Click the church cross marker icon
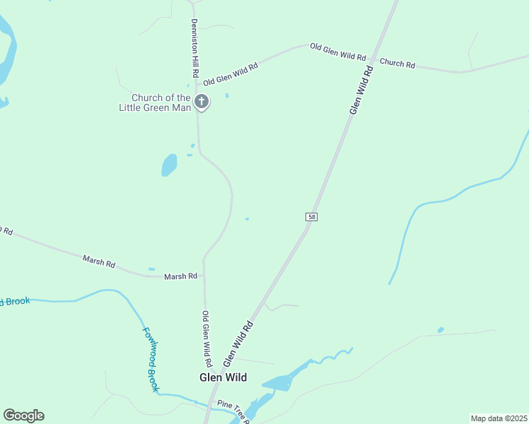point(202,102)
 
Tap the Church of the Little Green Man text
point(161,102)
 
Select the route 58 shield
point(311,217)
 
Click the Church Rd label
point(397,63)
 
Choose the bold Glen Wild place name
point(223,377)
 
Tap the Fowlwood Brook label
point(151,360)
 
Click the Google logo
point(23,416)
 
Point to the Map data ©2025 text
point(498,418)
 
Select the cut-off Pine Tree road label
point(234,410)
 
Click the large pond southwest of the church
point(169,165)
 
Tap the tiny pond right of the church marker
point(226,95)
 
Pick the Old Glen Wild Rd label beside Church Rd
point(338,52)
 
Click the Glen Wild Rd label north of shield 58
point(360,90)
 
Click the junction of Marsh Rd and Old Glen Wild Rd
point(204,276)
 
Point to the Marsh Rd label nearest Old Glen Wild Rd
point(180,276)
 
